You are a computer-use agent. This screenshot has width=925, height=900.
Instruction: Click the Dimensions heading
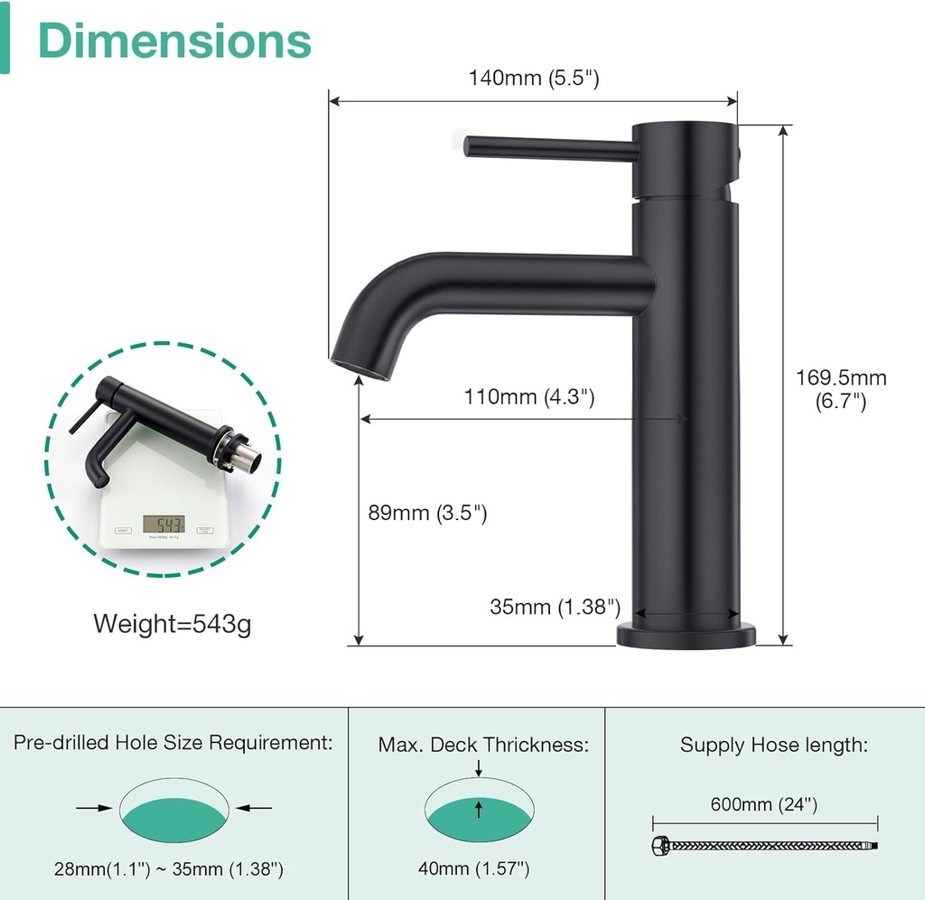tap(174, 41)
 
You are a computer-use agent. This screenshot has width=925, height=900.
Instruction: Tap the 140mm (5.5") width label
tap(533, 79)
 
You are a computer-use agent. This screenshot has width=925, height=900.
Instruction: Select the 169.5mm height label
tap(840, 389)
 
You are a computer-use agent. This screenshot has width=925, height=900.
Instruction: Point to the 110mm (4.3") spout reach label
tap(528, 396)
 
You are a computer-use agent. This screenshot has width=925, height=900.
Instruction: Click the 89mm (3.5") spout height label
tap(429, 514)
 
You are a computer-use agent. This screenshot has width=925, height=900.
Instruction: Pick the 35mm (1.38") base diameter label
tap(555, 607)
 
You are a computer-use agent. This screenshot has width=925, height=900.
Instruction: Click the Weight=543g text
tap(172, 623)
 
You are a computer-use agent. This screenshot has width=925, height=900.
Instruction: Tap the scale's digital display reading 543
tap(164, 524)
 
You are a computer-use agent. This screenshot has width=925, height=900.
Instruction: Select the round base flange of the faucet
tap(686, 634)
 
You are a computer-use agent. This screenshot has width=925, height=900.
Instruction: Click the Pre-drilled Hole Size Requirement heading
tap(173, 743)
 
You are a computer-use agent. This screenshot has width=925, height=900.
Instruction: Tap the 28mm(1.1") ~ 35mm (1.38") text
tap(168, 869)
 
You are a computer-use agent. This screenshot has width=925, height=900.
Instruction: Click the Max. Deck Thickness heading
tap(483, 745)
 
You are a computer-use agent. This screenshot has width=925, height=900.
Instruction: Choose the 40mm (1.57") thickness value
tap(473, 869)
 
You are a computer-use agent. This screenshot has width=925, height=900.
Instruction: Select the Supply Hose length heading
tap(774, 745)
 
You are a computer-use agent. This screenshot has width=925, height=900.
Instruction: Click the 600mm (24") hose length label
tap(764, 804)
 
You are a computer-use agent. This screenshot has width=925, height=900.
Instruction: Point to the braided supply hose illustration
tap(764, 846)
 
